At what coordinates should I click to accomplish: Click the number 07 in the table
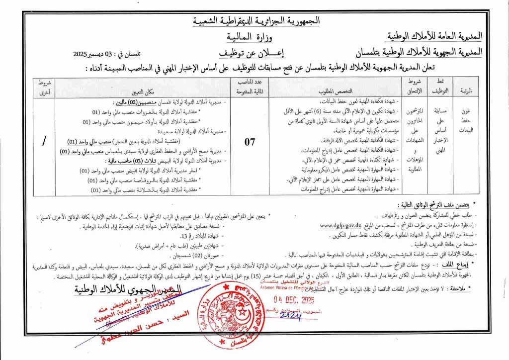[250, 142]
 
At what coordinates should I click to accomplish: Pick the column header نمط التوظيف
[445, 88]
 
